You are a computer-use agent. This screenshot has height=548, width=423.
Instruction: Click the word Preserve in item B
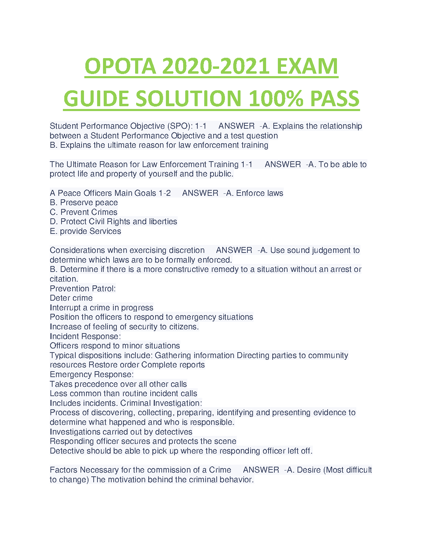tap(74, 202)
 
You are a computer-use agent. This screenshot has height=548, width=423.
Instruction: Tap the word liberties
tap(163, 221)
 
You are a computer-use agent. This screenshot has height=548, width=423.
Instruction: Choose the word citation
tap(64, 279)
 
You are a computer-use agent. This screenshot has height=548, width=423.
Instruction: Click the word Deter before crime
tap(59, 298)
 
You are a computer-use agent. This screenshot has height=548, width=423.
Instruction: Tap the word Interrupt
tap(65, 308)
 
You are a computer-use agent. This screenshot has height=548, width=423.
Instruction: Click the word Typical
tap(63, 355)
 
